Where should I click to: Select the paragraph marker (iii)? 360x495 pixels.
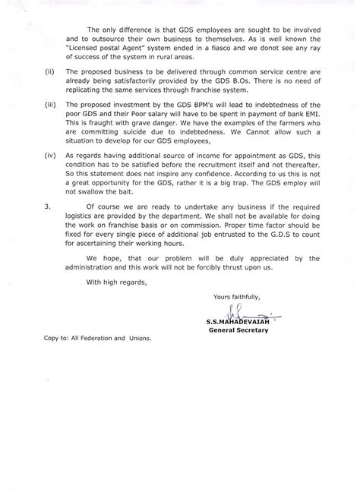click(51, 123)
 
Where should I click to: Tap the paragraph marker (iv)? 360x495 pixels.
click(51, 173)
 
